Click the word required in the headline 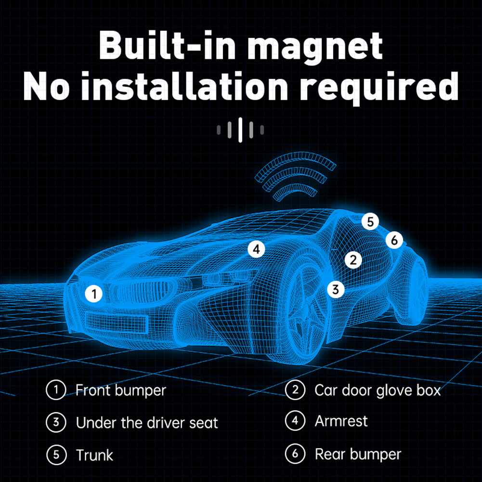coord(389,87)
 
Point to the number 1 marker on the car coord(94,293)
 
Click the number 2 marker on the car coord(353,261)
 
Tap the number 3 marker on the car coord(336,289)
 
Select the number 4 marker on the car coord(256,249)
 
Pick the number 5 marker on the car coord(370,222)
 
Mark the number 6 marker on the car coord(394,240)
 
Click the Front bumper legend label coord(120,390)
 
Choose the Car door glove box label coord(378,390)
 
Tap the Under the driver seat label coord(147,423)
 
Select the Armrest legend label coord(341,421)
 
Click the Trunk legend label coord(94,455)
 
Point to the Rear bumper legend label coord(358,454)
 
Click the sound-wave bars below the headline coord(240,130)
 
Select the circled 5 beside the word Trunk coord(56,455)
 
